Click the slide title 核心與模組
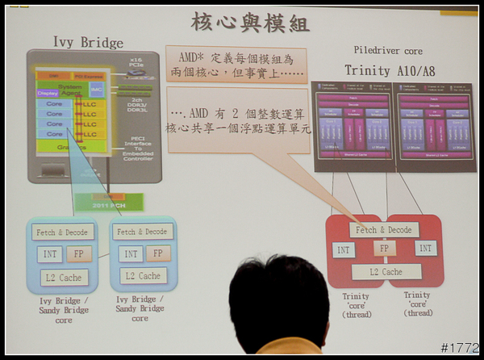[x=250, y=22]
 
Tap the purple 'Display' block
[x=48, y=93]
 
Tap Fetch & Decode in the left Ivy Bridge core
[x=63, y=232]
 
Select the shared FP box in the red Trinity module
[x=386, y=249]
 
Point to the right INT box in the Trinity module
[x=426, y=249]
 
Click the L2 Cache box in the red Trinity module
[x=386, y=272]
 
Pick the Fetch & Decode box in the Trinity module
[x=383, y=230]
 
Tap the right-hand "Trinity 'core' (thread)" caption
[x=418, y=304]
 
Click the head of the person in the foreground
[x=278, y=303]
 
